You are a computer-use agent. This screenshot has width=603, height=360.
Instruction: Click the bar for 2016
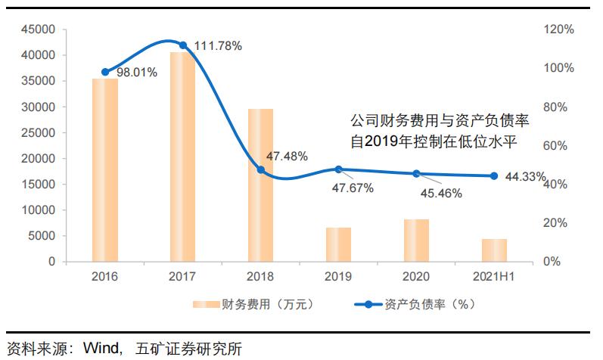(x=104, y=170)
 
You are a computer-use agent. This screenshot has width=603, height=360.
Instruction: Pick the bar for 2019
(x=338, y=244)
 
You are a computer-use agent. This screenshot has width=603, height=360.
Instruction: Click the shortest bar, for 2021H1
(x=494, y=250)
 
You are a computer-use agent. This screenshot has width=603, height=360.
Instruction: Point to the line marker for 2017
(x=182, y=45)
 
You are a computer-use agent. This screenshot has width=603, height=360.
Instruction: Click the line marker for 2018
(x=261, y=170)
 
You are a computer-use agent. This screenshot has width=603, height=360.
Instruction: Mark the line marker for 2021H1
(x=494, y=176)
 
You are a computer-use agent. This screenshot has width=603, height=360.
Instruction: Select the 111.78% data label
(x=218, y=46)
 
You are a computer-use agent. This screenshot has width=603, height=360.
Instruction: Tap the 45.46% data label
(x=440, y=193)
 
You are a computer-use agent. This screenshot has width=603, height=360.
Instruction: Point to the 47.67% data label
(x=352, y=188)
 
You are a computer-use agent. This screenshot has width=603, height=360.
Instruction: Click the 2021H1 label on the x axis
(x=494, y=278)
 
